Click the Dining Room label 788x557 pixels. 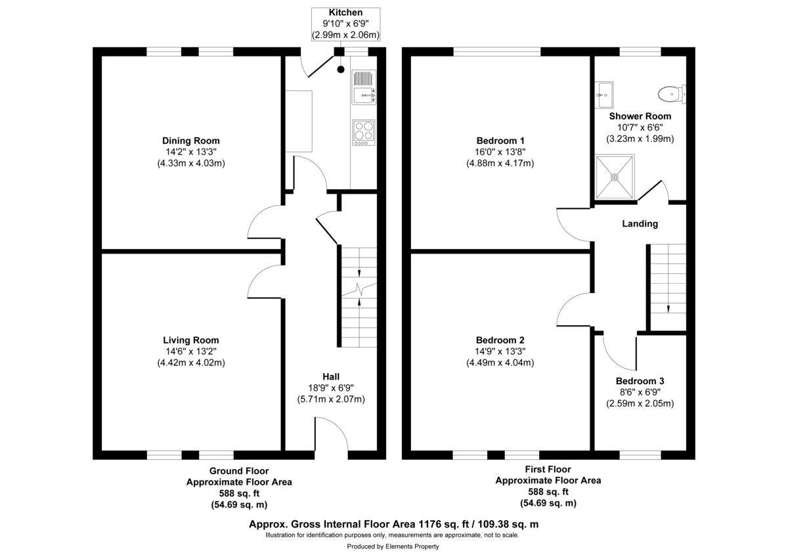click(x=190, y=141)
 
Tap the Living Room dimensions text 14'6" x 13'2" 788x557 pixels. click(x=190, y=351)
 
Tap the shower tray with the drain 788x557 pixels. click(x=615, y=177)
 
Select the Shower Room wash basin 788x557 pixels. click(x=605, y=95)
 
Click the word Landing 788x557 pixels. click(x=640, y=223)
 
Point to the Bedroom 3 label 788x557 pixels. click(x=640, y=381)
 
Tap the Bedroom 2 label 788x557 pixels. click(x=500, y=340)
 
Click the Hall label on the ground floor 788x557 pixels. click(x=331, y=376)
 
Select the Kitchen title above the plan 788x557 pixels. click(x=345, y=12)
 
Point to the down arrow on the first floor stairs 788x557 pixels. click(x=668, y=307)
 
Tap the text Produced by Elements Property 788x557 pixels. click(x=393, y=546)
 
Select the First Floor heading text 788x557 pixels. click(x=548, y=469)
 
